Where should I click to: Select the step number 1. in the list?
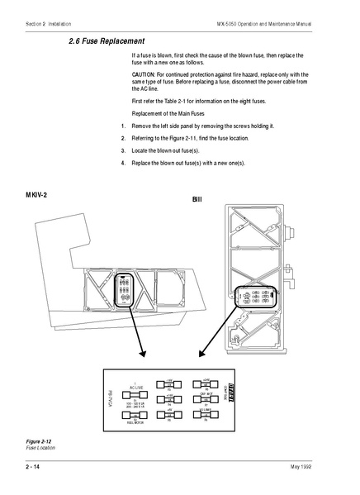point(123,126)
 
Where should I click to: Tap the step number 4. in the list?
point(123,164)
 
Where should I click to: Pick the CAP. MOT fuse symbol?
point(206,399)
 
